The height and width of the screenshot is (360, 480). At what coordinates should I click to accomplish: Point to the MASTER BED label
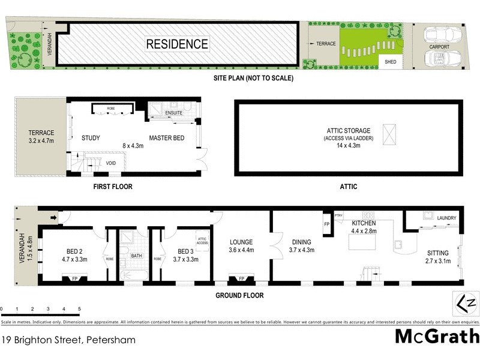(x=166, y=138)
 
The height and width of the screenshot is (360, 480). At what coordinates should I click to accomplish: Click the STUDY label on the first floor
(x=91, y=138)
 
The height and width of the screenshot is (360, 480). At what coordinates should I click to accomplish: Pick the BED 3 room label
(x=182, y=252)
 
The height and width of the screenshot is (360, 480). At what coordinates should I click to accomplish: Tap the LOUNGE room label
(x=241, y=242)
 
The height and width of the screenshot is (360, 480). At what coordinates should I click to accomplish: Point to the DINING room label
(x=302, y=242)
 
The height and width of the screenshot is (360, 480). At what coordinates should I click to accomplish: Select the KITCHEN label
(x=364, y=223)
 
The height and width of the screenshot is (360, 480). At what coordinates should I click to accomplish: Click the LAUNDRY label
(x=447, y=218)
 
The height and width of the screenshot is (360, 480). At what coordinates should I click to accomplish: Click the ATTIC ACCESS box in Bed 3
(x=202, y=241)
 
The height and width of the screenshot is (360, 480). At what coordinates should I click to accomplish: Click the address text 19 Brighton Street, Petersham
(x=68, y=340)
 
